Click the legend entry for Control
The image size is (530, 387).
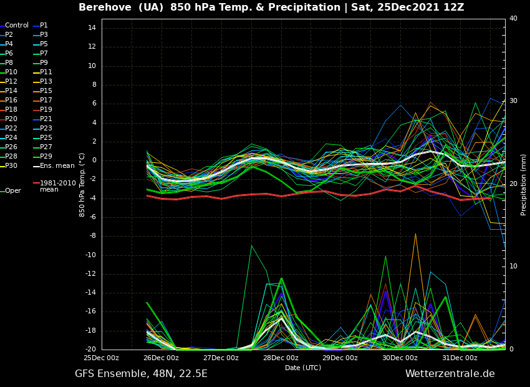coord(17,26)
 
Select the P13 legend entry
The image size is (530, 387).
coord(46,82)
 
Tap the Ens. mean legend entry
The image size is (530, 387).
coord(55,166)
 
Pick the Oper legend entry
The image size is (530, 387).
coord(13,191)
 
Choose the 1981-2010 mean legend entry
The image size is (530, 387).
coord(57,186)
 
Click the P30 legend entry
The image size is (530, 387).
coord(11,166)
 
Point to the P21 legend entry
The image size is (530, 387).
coord(46,119)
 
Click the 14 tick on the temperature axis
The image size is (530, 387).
coord(92,28)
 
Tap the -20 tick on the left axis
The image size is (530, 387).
coord(90,350)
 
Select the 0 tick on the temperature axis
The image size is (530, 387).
coord(94,160)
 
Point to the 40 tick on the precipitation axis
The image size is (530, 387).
coord(513,19)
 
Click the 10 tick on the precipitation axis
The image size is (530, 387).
coord(513,267)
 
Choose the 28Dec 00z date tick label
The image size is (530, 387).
coord(281,358)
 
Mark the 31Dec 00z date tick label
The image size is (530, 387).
coord(460,358)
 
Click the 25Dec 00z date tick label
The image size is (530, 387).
coord(102,358)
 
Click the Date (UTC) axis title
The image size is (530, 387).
coord(303,368)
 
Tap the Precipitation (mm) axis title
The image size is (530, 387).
coord(524,185)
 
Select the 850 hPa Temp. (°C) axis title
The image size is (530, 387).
coord(82,185)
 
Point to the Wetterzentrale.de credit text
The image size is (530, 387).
coord(450,374)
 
